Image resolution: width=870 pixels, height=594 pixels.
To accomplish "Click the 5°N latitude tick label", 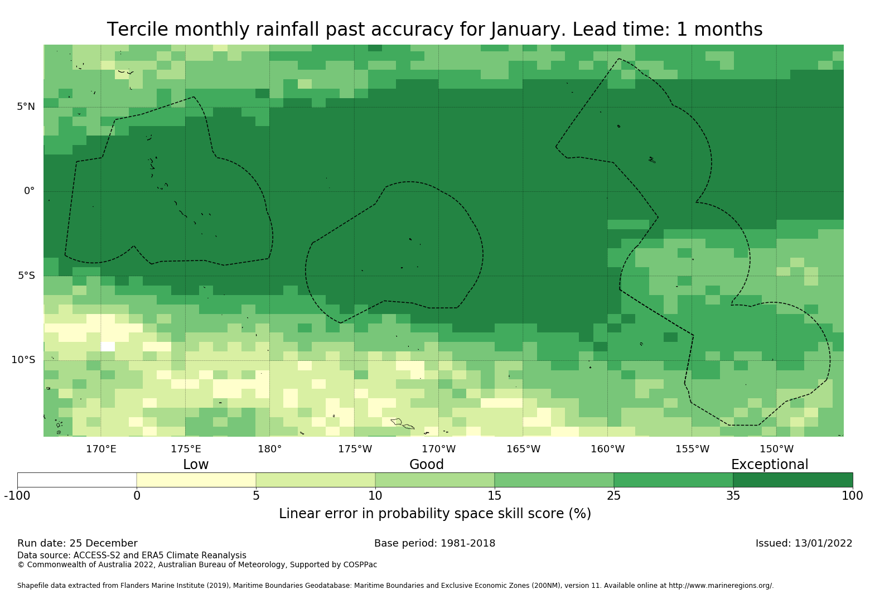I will [26, 107].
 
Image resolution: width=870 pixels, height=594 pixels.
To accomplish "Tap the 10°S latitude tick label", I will [23, 360].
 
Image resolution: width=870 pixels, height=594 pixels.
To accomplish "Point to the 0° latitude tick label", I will [29, 191].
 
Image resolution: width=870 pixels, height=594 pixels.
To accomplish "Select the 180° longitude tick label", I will [270, 449].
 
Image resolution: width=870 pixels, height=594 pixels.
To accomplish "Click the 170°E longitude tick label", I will [101, 449].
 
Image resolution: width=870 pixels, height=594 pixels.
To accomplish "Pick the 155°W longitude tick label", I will [692, 449].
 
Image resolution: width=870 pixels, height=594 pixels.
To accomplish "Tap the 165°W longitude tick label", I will [523, 449].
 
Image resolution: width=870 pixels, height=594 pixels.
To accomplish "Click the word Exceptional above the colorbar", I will [769, 465].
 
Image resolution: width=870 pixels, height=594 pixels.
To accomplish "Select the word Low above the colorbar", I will [196, 465].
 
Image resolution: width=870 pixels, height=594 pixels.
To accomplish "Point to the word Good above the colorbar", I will [427, 465].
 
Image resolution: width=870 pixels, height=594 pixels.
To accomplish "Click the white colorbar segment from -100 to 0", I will [77, 480].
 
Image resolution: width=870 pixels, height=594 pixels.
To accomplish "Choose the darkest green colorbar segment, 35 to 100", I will [792, 480].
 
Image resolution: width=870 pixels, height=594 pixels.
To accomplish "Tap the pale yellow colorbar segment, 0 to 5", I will [196, 480].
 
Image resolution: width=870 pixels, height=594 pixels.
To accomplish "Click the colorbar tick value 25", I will [613, 495].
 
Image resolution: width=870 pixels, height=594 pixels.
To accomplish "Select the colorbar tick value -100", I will [17, 495].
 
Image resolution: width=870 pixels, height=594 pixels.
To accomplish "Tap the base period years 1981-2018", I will [467, 543].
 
